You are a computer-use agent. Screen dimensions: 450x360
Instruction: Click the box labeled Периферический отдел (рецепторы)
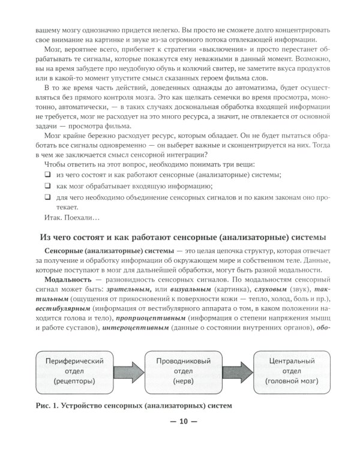click(x=71, y=371)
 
